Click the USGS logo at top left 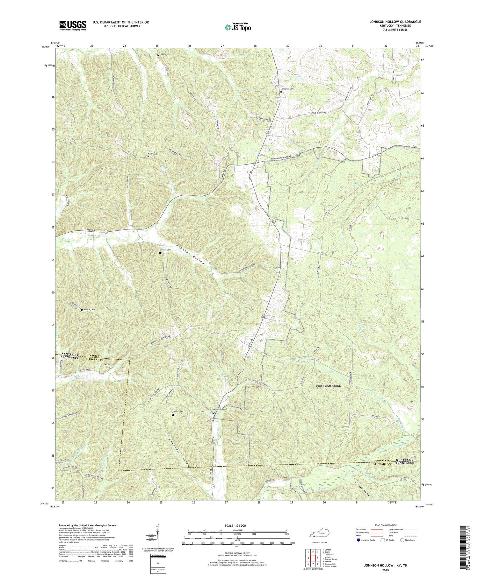coord(73,25)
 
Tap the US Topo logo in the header coord(237,27)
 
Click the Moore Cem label coord(165,54)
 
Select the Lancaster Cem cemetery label coord(287,89)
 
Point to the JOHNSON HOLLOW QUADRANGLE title coord(391,22)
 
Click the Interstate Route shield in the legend coord(358,540)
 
